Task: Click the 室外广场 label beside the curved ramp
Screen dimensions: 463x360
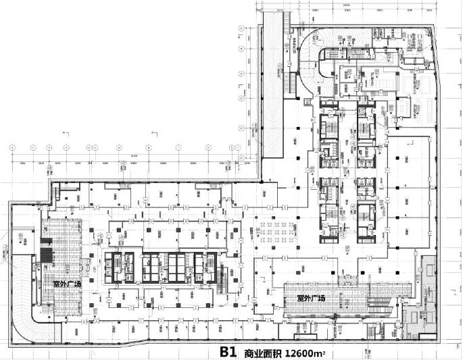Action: tap(63, 284)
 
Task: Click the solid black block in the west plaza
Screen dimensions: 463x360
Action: tap(45, 256)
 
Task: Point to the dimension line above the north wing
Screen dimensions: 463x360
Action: tap(345, 8)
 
